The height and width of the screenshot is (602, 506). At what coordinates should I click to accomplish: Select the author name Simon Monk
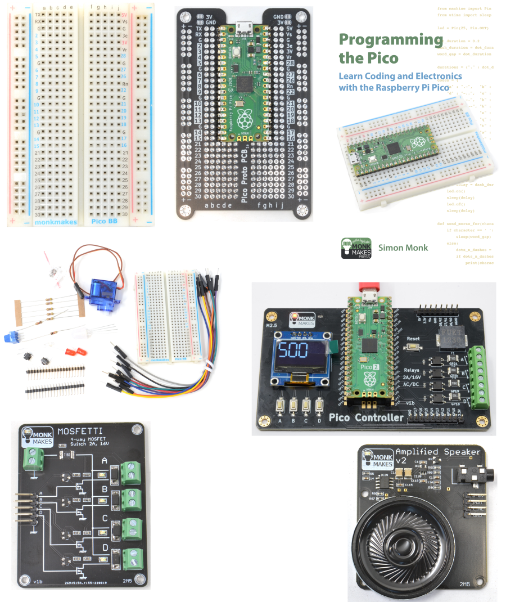[x=403, y=248]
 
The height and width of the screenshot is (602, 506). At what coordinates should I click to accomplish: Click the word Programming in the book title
[x=390, y=40]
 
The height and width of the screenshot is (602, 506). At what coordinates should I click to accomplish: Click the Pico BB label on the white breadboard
[x=104, y=222]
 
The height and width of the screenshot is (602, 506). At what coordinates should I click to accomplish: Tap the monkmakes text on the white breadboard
[x=56, y=222]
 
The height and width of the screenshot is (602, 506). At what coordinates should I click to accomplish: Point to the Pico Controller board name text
[x=366, y=418]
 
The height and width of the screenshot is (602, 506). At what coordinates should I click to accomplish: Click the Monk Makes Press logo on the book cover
[x=356, y=248]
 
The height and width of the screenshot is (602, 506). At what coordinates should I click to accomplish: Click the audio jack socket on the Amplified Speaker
[x=471, y=478]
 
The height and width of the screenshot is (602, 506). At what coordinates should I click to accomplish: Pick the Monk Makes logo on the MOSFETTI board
[x=37, y=436]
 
